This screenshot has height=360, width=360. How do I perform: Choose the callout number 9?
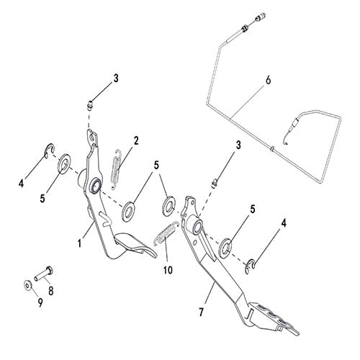pyautogui.click(x=40, y=302)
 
